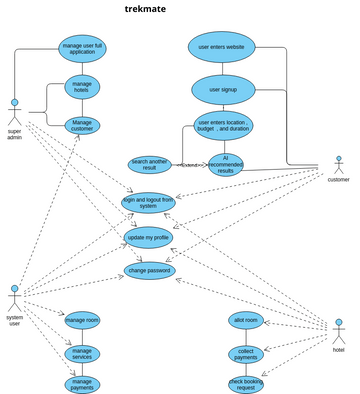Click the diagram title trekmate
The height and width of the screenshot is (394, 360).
coord(146,9)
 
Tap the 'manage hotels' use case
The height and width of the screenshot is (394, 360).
coord(82,87)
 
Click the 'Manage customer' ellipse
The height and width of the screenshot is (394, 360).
coord(82,125)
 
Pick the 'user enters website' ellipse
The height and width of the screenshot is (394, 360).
coord(222,46)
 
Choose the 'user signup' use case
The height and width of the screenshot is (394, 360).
coord(222,89)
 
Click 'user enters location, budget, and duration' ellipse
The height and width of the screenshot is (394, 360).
coord(224,126)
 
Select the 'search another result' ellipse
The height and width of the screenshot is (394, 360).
coord(151,163)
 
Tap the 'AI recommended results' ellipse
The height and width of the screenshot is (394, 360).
coord(225,165)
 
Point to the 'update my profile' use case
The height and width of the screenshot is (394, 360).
coord(148,237)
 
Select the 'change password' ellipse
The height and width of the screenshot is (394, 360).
coord(151,270)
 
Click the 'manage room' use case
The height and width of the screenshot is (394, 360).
coord(82,320)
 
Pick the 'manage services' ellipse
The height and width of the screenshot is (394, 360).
coord(82,353)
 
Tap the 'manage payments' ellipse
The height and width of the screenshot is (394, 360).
coord(82,384)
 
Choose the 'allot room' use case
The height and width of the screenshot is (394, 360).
coord(246,320)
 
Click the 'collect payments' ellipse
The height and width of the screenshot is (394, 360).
coord(246,353)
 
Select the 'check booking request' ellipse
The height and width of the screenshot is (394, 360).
coord(246,384)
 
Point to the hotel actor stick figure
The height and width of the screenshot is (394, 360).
coord(338,333)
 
